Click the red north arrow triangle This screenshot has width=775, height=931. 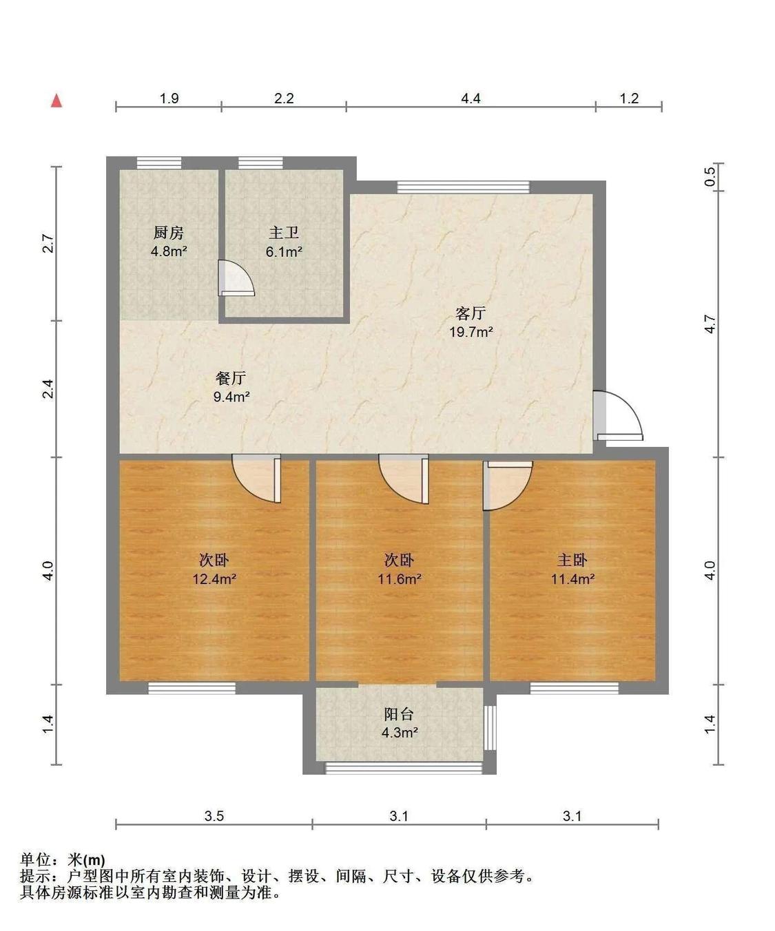click(x=57, y=101)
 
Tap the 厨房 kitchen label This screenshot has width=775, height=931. click(x=169, y=233)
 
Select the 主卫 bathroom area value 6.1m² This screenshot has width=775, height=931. click(x=284, y=252)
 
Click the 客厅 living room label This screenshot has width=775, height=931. click(x=471, y=314)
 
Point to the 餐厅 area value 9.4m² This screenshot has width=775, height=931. click(x=231, y=397)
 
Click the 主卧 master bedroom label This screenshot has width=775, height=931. click(x=572, y=561)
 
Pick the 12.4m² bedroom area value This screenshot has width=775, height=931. click(x=214, y=579)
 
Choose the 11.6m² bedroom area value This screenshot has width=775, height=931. click(x=400, y=579)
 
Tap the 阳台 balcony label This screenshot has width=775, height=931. click(x=399, y=714)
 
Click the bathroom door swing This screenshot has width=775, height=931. click(x=235, y=278)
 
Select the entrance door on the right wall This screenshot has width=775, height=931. click(x=618, y=416)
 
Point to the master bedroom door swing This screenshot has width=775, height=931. click(x=508, y=485)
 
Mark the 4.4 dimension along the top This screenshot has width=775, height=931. click(x=471, y=98)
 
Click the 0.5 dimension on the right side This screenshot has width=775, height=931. click(x=710, y=177)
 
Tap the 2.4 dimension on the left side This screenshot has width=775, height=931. click(x=48, y=389)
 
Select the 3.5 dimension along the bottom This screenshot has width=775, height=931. click(x=214, y=816)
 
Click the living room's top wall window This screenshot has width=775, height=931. click(x=463, y=187)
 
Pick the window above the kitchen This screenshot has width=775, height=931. click(x=159, y=163)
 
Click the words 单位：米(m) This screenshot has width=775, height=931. click(x=63, y=860)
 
